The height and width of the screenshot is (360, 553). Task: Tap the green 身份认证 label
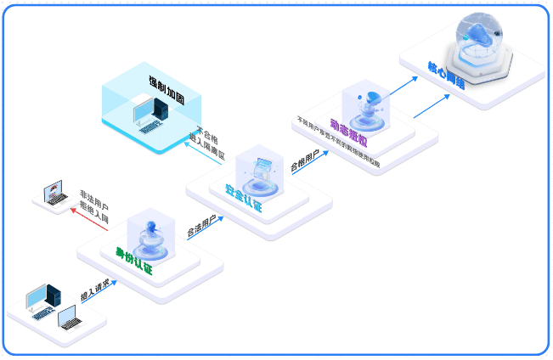coord(134,256)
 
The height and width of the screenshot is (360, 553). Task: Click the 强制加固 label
coord(163,82)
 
